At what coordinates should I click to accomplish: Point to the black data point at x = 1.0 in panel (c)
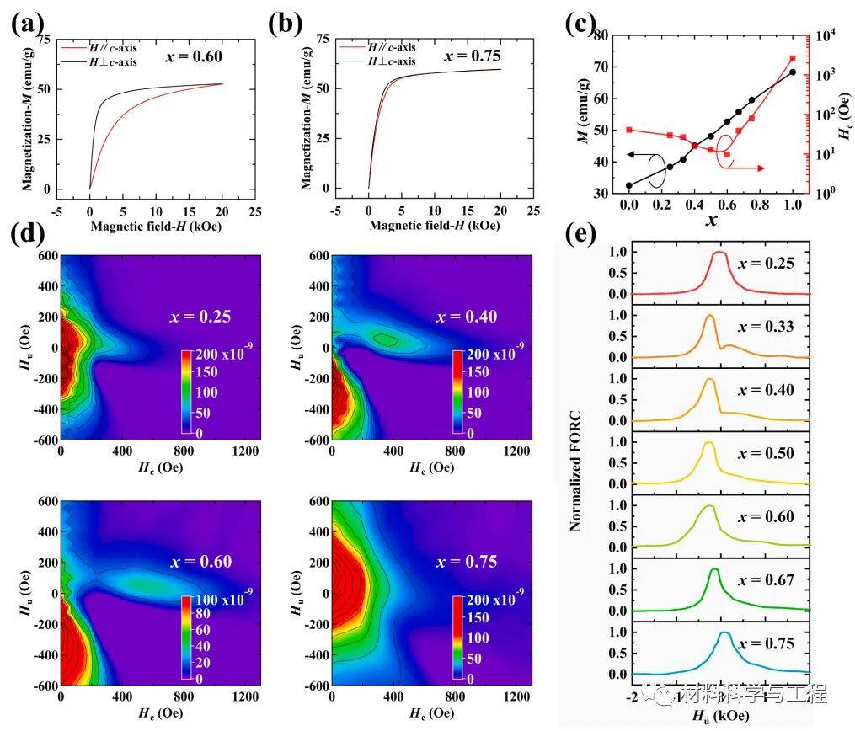(793, 72)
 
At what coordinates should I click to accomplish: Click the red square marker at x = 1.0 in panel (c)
(793, 59)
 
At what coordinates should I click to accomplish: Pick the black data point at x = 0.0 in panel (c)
(629, 185)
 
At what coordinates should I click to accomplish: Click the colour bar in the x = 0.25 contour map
(186, 392)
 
